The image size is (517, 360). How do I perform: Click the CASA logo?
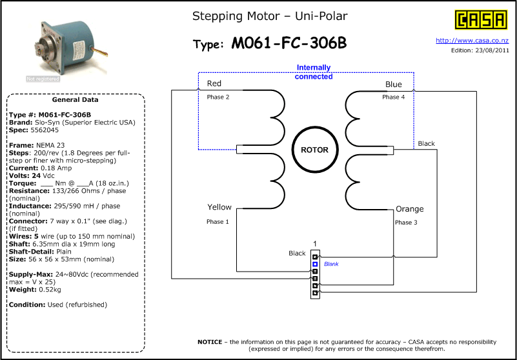click(x=481, y=20)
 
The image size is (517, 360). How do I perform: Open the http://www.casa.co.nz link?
click(x=472, y=41)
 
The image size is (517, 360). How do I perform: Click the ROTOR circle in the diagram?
click(x=314, y=150)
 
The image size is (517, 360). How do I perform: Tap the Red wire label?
click(x=214, y=83)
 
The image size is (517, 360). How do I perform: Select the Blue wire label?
click(x=393, y=85)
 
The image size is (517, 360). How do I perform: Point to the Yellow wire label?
click(x=219, y=207)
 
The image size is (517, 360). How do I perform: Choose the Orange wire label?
click(x=409, y=209)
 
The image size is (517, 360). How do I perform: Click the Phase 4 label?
click(x=393, y=97)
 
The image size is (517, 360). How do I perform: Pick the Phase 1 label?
click(x=218, y=221)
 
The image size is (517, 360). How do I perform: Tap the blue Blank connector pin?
click(x=315, y=264)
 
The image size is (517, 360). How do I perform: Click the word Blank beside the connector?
click(x=331, y=264)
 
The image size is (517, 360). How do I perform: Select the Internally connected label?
click(x=314, y=72)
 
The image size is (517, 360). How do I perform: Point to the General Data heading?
click(x=75, y=99)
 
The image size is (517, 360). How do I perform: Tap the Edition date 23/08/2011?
click(x=492, y=50)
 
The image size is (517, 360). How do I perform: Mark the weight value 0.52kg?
click(x=50, y=290)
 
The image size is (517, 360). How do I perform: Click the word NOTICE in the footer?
click(x=210, y=342)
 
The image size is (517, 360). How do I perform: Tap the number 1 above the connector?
click(x=315, y=244)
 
